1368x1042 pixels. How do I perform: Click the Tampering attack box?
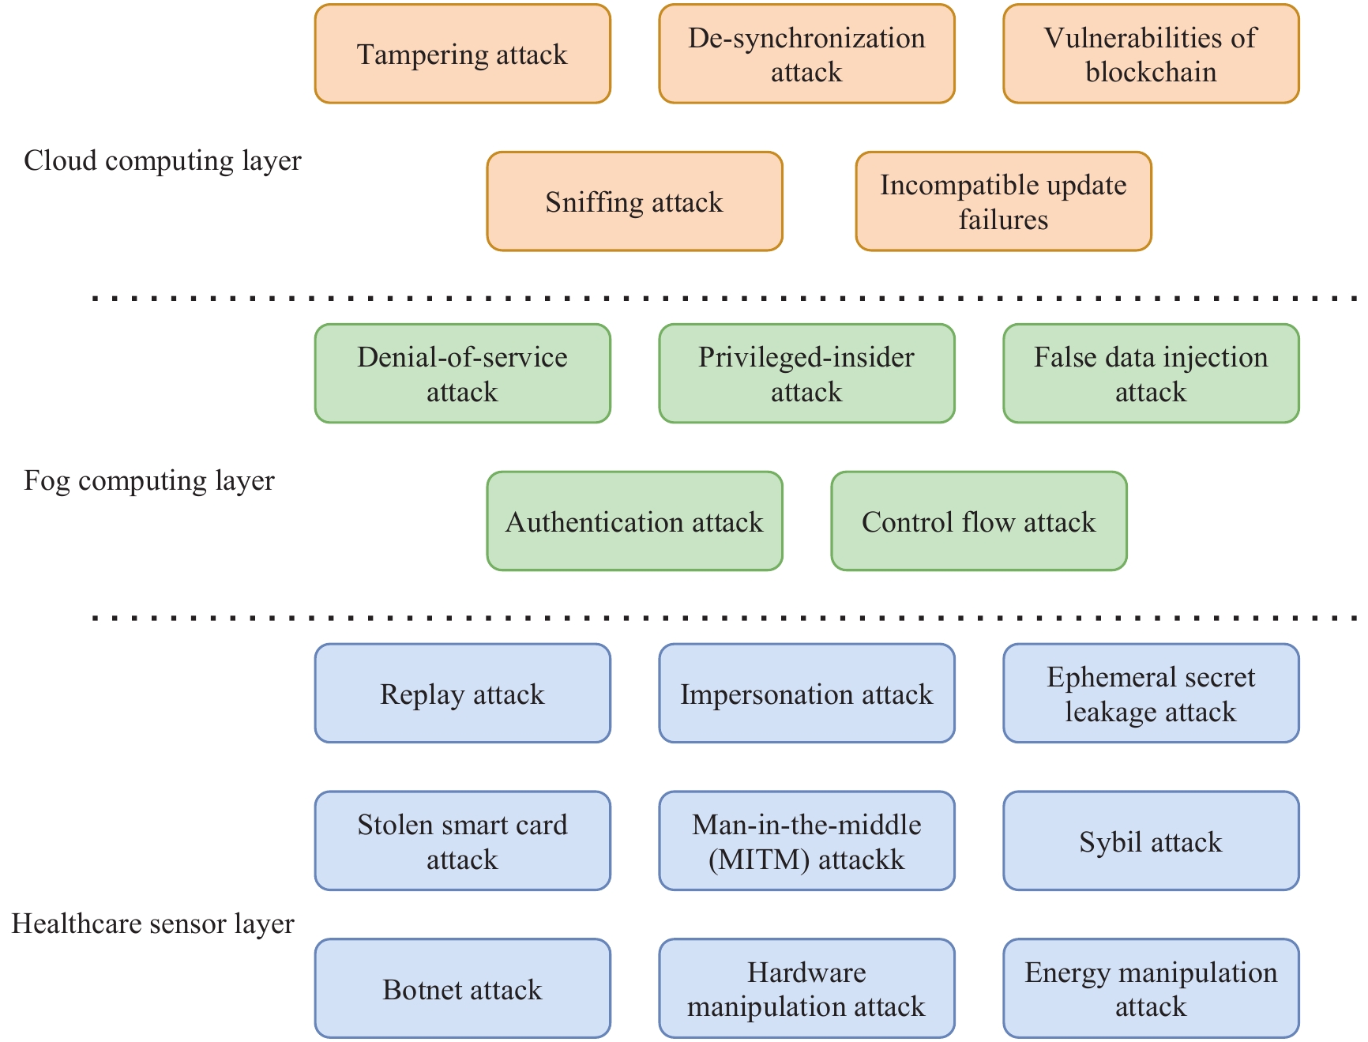point(462,54)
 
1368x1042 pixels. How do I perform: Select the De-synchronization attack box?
point(806,54)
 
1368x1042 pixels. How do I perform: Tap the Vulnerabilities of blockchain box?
point(1151,54)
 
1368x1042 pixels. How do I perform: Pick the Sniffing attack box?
point(634,201)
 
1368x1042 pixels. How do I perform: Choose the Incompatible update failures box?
point(1003,201)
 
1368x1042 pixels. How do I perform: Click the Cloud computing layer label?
point(162,160)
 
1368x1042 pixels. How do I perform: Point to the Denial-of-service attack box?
point(462,374)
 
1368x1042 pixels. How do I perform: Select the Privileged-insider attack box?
point(806,374)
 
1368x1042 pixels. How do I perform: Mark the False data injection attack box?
point(1151,374)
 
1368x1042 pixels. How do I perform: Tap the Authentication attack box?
point(634,521)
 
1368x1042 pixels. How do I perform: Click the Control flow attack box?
point(979,521)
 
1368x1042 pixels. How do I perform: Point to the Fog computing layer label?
point(149,480)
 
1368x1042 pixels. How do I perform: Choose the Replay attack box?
point(462,694)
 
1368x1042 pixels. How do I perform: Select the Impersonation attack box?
point(806,694)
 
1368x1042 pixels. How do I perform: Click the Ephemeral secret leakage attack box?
point(1151,694)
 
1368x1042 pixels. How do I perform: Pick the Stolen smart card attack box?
point(462,841)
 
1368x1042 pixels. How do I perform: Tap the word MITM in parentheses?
point(759,860)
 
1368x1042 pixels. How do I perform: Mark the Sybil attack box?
point(1151,841)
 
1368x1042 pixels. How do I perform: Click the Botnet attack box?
point(462,989)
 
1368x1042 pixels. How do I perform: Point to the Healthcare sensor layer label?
point(152,924)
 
